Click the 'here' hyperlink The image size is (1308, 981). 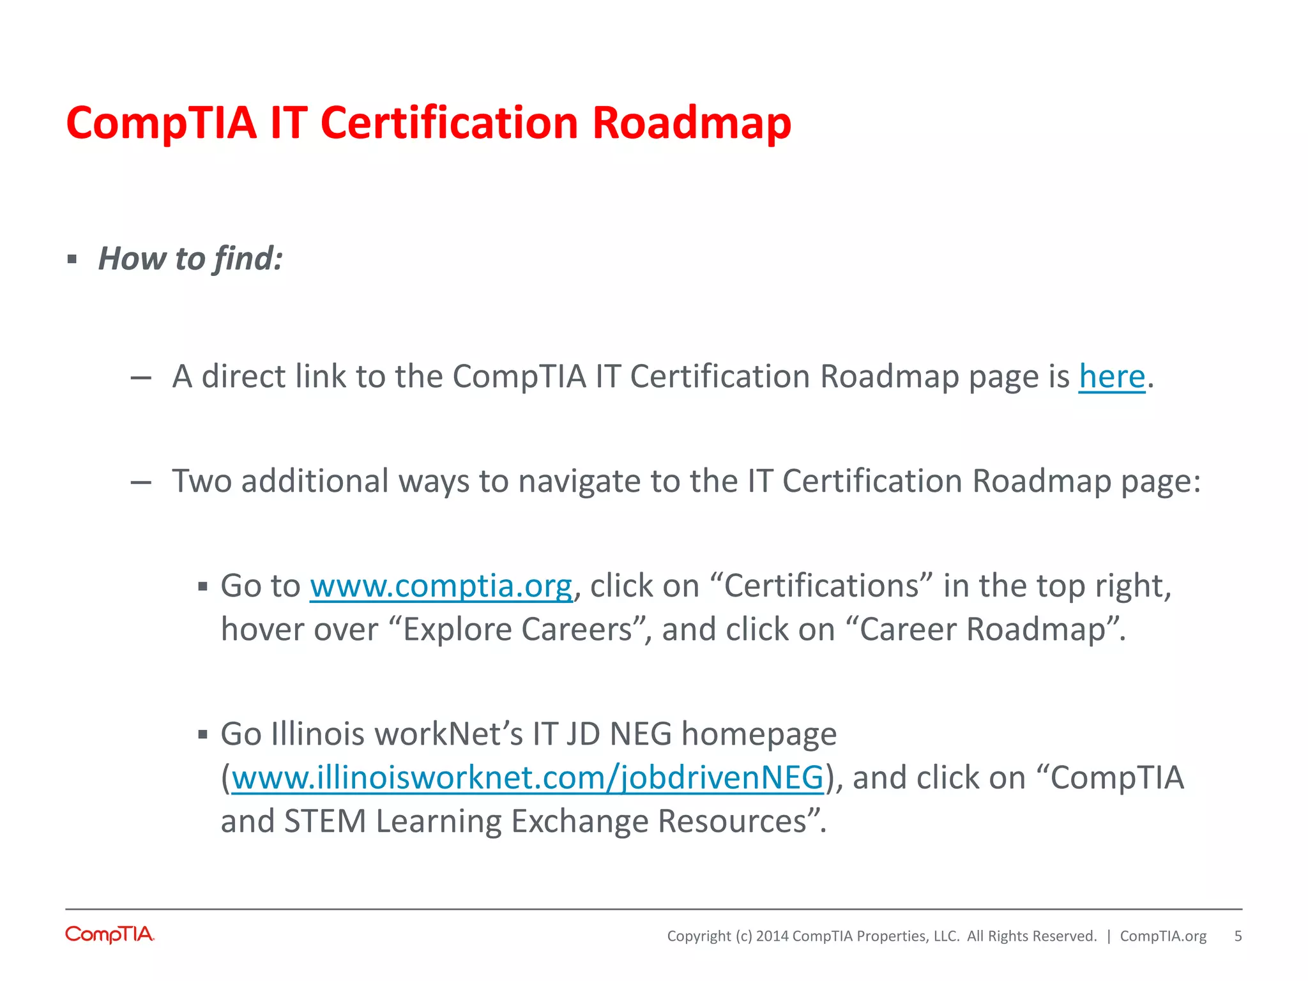click(x=1112, y=376)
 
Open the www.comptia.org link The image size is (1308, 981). click(x=441, y=586)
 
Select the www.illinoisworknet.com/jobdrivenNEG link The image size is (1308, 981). click(x=528, y=778)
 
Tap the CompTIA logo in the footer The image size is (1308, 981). click(x=110, y=934)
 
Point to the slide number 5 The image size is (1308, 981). click(x=1238, y=936)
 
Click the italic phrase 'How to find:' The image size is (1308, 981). click(x=190, y=259)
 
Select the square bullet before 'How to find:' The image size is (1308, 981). click(x=72, y=260)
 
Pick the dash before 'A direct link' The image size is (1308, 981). click(x=141, y=378)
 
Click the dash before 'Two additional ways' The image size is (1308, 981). click(x=141, y=483)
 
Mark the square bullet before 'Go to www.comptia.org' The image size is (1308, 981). click(x=203, y=587)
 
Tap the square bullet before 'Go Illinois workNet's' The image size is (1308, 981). click(x=203, y=735)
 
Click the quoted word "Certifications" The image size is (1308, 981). click(x=821, y=586)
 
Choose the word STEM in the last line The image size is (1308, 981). click(x=324, y=821)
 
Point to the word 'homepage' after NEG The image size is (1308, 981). click(x=759, y=734)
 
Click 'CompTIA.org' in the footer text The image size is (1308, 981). click(x=1163, y=936)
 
